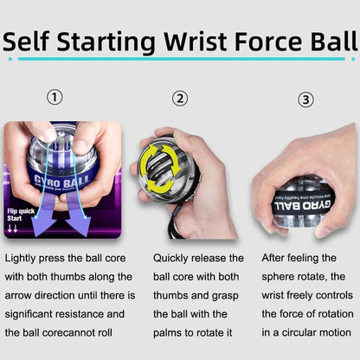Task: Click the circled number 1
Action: click(55, 98)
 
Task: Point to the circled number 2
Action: click(180, 98)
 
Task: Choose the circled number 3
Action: click(305, 100)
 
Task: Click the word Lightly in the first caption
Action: click(22, 258)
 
